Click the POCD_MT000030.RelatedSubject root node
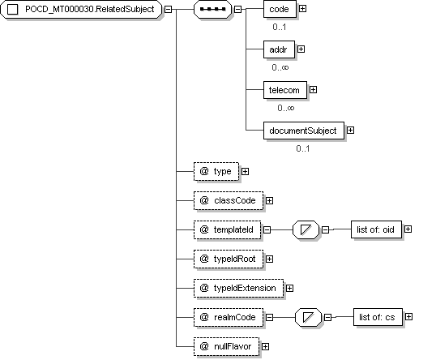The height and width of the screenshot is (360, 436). pos(81,9)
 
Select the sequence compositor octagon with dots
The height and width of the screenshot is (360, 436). pos(212,9)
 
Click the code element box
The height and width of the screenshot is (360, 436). pos(280,9)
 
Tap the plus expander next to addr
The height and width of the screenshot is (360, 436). pos(301,49)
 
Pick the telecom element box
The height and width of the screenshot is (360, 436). pos(285,90)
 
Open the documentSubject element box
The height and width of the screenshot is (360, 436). pos(304,131)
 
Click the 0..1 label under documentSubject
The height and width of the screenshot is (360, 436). pos(303,148)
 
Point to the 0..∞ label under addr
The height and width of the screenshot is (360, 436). pos(280,67)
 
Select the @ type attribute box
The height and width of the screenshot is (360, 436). pos(216,171)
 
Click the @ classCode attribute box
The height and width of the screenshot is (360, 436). pos(229,200)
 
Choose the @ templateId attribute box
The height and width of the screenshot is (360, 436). pos(227,229)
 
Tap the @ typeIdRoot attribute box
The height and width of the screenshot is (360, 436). pos(229,259)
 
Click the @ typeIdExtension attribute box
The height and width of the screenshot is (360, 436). pos(238,288)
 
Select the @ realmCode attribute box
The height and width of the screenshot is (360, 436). pos(229,317)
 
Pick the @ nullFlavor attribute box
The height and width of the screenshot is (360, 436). pos(226,346)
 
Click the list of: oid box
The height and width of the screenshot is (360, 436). pos(376,229)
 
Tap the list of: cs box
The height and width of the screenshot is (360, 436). pos(378,317)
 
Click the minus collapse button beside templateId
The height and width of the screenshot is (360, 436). pos(267,229)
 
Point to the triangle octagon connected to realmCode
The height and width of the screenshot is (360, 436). pos(308,317)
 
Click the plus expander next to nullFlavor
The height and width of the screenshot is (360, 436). pos(266,347)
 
